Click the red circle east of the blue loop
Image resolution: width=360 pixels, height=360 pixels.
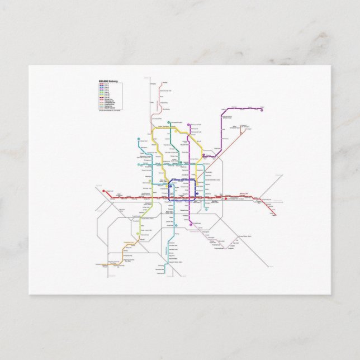(225, 198)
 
